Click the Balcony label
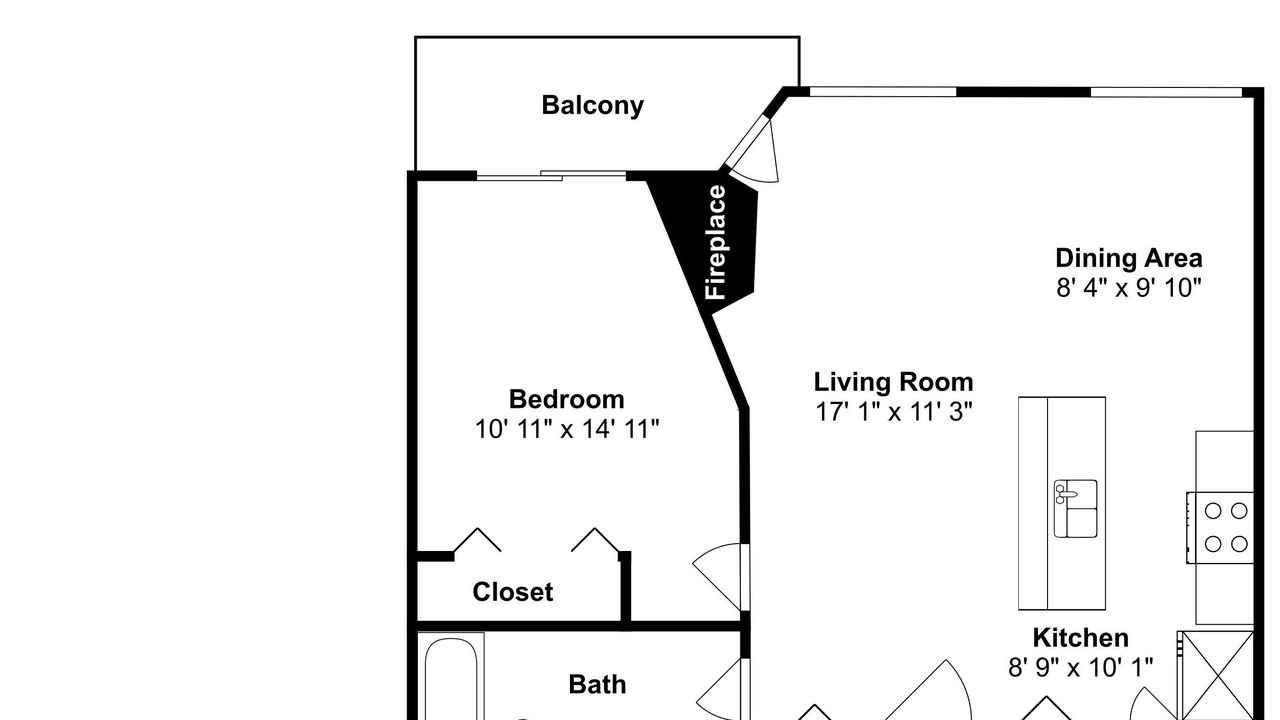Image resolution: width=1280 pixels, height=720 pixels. pyautogui.click(x=593, y=106)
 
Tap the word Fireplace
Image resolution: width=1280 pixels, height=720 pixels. pyautogui.click(x=715, y=242)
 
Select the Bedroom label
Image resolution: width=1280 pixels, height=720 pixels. pyautogui.click(x=566, y=399)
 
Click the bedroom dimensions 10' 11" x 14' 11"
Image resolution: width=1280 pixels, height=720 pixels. pyautogui.click(x=567, y=429)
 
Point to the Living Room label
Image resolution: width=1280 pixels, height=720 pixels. pyautogui.click(x=893, y=382)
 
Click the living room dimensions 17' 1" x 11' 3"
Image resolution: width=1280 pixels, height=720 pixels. pyautogui.click(x=894, y=411)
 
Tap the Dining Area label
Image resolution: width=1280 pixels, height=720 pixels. pyautogui.click(x=1129, y=258)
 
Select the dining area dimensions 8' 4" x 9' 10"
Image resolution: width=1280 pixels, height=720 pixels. pyautogui.click(x=1129, y=287)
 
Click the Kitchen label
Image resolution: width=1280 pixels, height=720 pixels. pyautogui.click(x=1081, y=638)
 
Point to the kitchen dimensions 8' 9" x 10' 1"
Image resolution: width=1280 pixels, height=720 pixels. pyautogui.click(x=1081, y=667)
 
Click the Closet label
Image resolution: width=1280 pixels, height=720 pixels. pyautogui.click(x=513, y=592)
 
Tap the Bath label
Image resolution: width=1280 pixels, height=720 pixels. pyautogui.click(x=597, y=685)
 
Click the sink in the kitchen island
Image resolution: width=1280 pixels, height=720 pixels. pyautogui.click(x=1075, y=509)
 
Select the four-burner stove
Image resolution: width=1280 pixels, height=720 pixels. pyautogui.click(x=1220, y=527)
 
